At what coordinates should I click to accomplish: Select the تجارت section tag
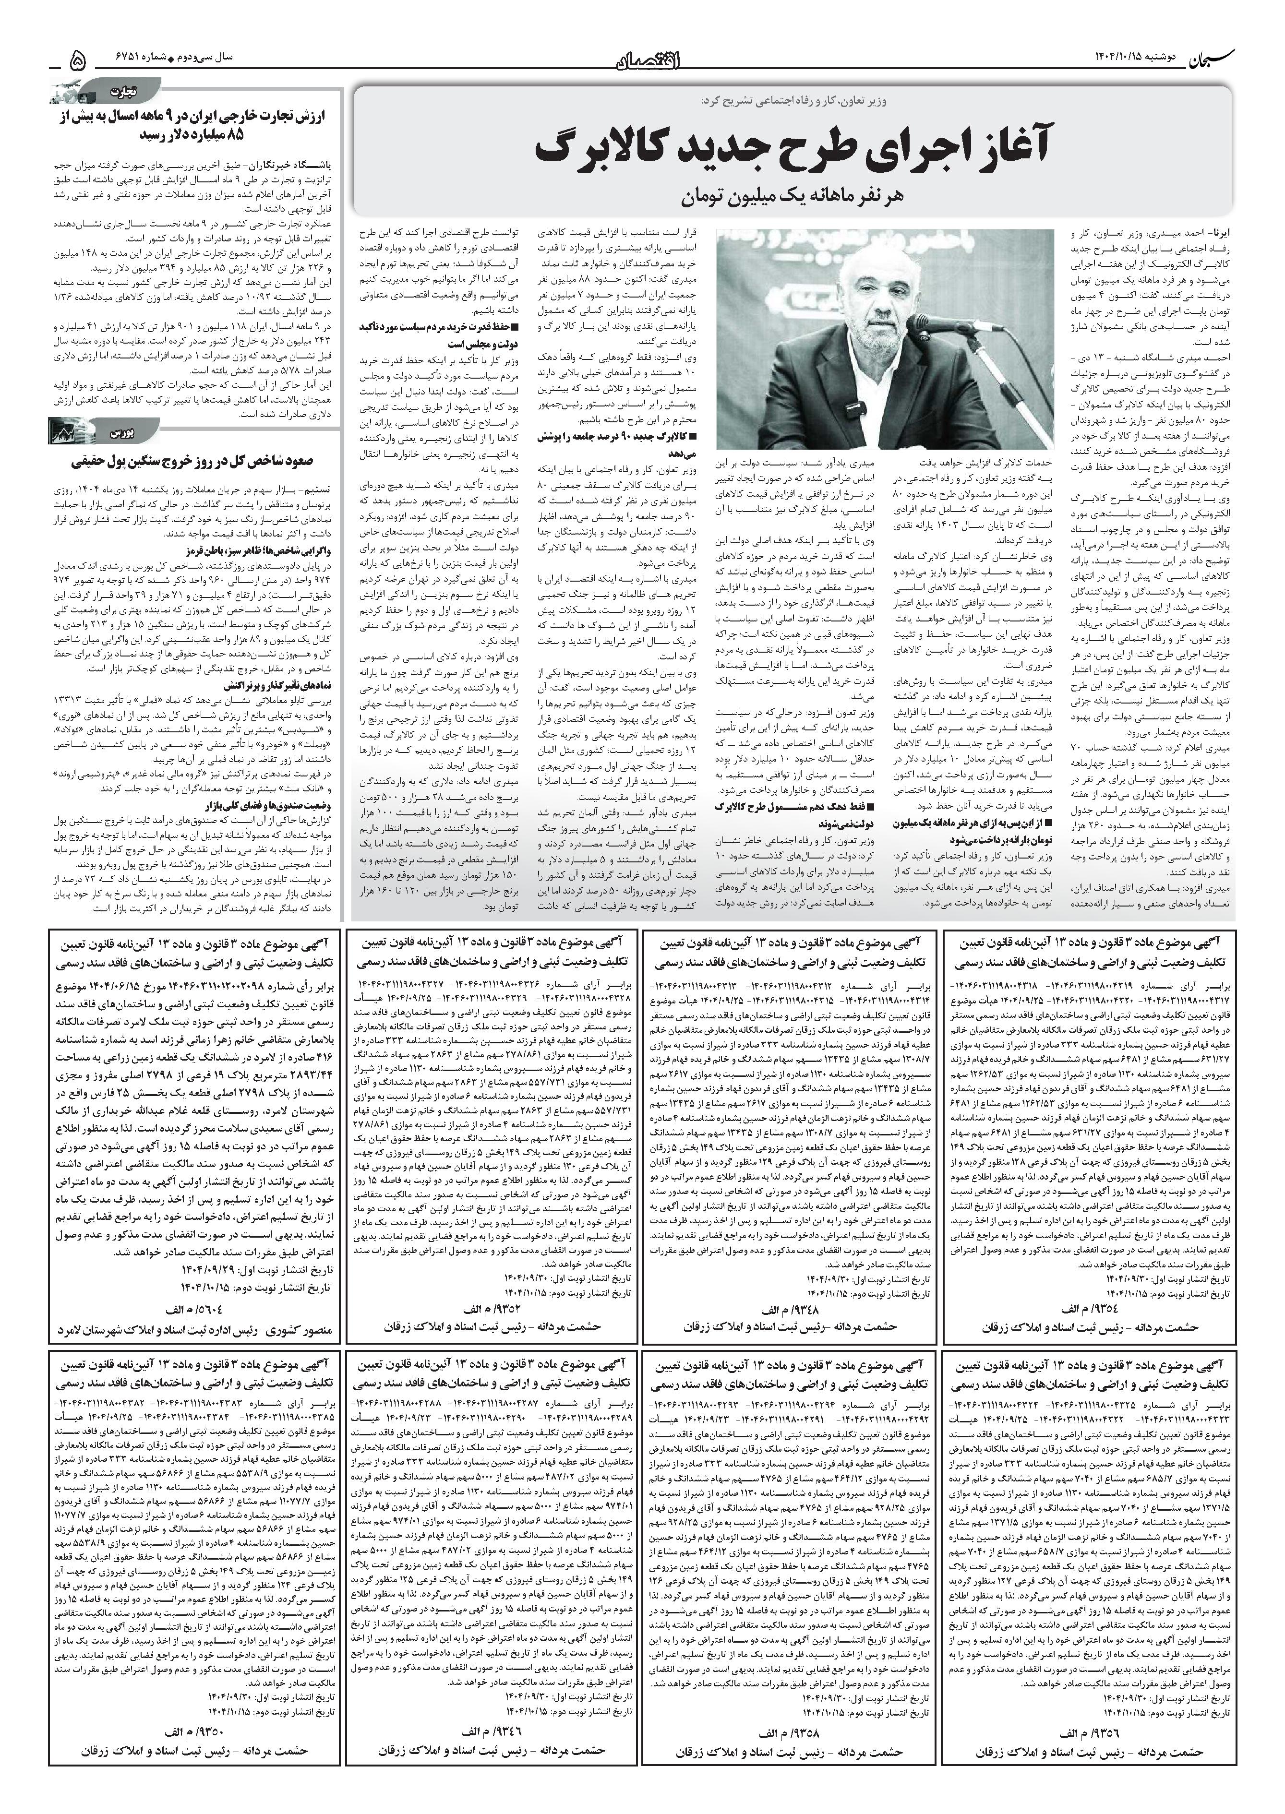(127, 89)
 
